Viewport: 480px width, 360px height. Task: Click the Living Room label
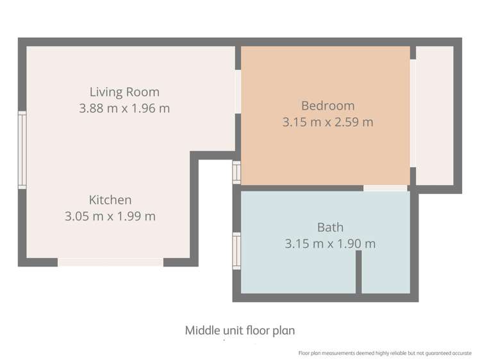(124, 92)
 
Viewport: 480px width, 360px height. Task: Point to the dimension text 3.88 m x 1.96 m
(124, 108)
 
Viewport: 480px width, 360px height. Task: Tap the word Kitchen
(110, 200)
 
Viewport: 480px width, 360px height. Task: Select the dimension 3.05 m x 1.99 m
(110, 217)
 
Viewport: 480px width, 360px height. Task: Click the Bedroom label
(328, 106)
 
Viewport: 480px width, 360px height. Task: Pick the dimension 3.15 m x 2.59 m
(328, 122)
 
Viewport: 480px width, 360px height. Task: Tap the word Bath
(330, 227)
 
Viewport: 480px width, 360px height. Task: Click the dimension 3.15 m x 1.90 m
(330, 244)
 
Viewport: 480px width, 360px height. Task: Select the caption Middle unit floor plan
(240, 331)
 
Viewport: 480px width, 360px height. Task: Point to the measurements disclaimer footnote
(385, 353)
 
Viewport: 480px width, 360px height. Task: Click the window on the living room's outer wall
(22, 150)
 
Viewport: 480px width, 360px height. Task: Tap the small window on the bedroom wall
(236, 172)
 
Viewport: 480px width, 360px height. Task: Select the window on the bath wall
(236, 251)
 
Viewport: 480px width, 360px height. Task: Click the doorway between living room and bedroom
(238, 92)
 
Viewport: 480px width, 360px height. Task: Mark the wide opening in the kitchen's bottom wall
(110, 262)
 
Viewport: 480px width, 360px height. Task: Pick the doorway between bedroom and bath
(385, 188)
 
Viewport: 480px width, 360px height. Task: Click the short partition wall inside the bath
(359, 272)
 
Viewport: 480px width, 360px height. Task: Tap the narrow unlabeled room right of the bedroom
(434, 115)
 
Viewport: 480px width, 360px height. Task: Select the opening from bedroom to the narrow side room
(413, 113)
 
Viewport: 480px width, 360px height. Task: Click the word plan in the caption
(284, 331)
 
